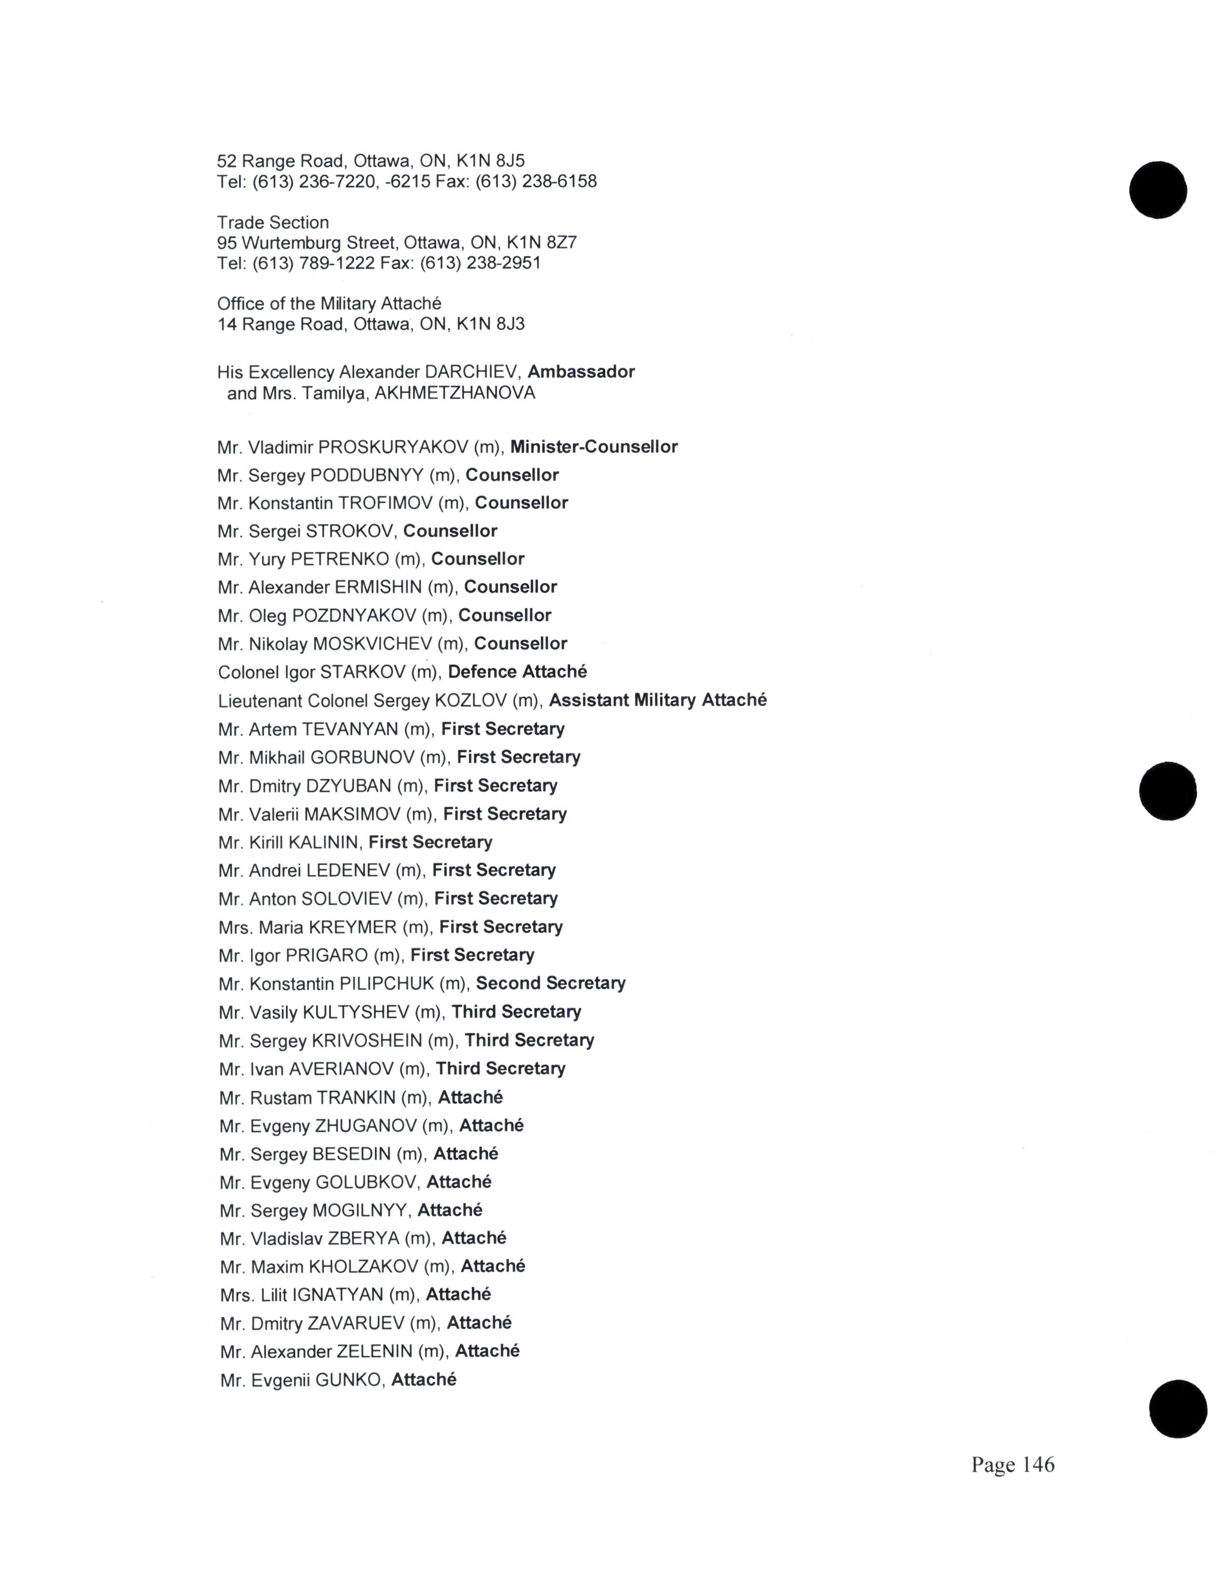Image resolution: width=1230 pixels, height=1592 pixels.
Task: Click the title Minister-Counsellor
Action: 593,447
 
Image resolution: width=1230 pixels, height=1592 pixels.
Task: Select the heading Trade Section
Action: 273,222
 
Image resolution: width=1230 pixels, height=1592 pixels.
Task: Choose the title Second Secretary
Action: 550,983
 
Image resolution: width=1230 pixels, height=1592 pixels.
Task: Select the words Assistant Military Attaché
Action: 657,700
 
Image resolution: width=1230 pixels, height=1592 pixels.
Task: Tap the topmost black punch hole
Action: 1157,190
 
